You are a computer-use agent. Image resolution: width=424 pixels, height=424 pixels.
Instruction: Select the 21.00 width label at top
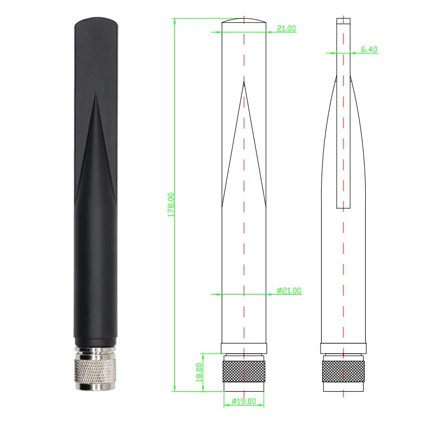coord(286,29)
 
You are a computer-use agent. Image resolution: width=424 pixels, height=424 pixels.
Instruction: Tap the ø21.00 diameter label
coord(289,290)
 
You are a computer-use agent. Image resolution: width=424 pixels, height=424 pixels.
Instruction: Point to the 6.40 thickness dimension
coord(369,49)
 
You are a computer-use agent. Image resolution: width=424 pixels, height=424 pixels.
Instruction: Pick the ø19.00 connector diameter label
coord(244,401)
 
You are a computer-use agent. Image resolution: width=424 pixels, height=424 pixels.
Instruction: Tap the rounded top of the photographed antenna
coord(96,22)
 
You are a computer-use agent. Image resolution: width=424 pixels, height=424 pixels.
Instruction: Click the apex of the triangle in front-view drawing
coord(244,82)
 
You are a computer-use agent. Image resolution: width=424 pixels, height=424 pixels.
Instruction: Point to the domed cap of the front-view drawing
coord(244,21)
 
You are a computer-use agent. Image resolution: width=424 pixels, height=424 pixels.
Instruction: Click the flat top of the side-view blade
coord(343,19)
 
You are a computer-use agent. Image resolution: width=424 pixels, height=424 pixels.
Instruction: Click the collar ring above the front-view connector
coord(244,348)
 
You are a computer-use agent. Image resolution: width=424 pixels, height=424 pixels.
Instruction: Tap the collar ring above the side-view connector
coord(343,348)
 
